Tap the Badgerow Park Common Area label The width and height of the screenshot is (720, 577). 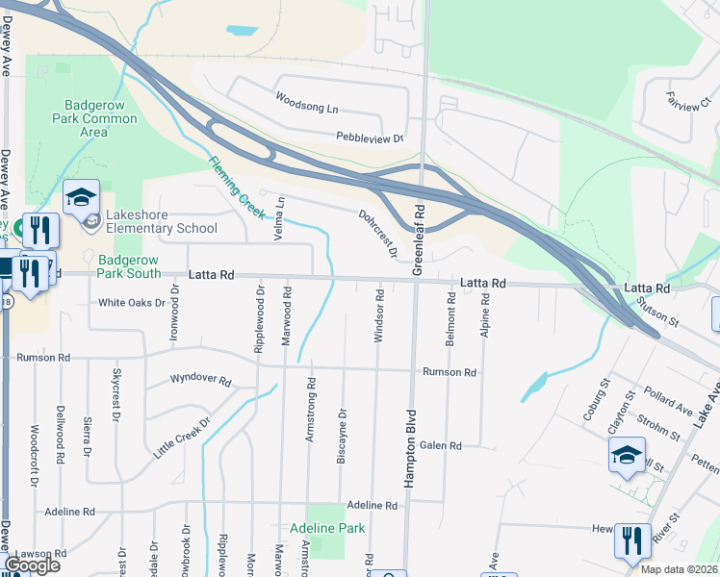point(93,118)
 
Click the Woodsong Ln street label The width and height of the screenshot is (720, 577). point(307,100)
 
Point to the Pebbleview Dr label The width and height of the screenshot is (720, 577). point(370,138)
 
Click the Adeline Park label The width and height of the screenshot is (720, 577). point(327,528)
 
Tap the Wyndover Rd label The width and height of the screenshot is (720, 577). point(201,381)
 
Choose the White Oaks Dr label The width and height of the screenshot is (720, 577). point(131,302)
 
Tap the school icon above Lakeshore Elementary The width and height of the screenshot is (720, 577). point(82,198)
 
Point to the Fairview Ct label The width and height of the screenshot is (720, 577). point(686,100)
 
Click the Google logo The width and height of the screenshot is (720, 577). point(32,565)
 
